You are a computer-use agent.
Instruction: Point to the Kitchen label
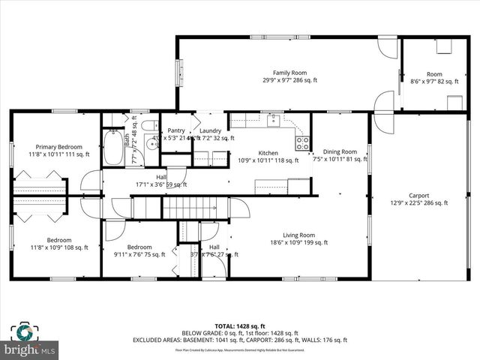[268, 151]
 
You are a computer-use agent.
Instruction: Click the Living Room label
[298, 235]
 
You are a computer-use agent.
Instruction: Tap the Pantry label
[176, 130]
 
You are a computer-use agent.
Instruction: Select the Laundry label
[210, 130]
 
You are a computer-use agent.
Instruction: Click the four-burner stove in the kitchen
[302, 142]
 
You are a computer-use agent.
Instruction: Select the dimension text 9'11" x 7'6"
[139, 254]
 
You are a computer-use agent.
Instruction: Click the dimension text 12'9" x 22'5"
[418, 202]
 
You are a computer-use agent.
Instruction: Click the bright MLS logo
[30, 349]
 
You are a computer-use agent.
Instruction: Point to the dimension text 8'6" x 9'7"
[434, 80]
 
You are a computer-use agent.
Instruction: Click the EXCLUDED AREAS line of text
[240, 340]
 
